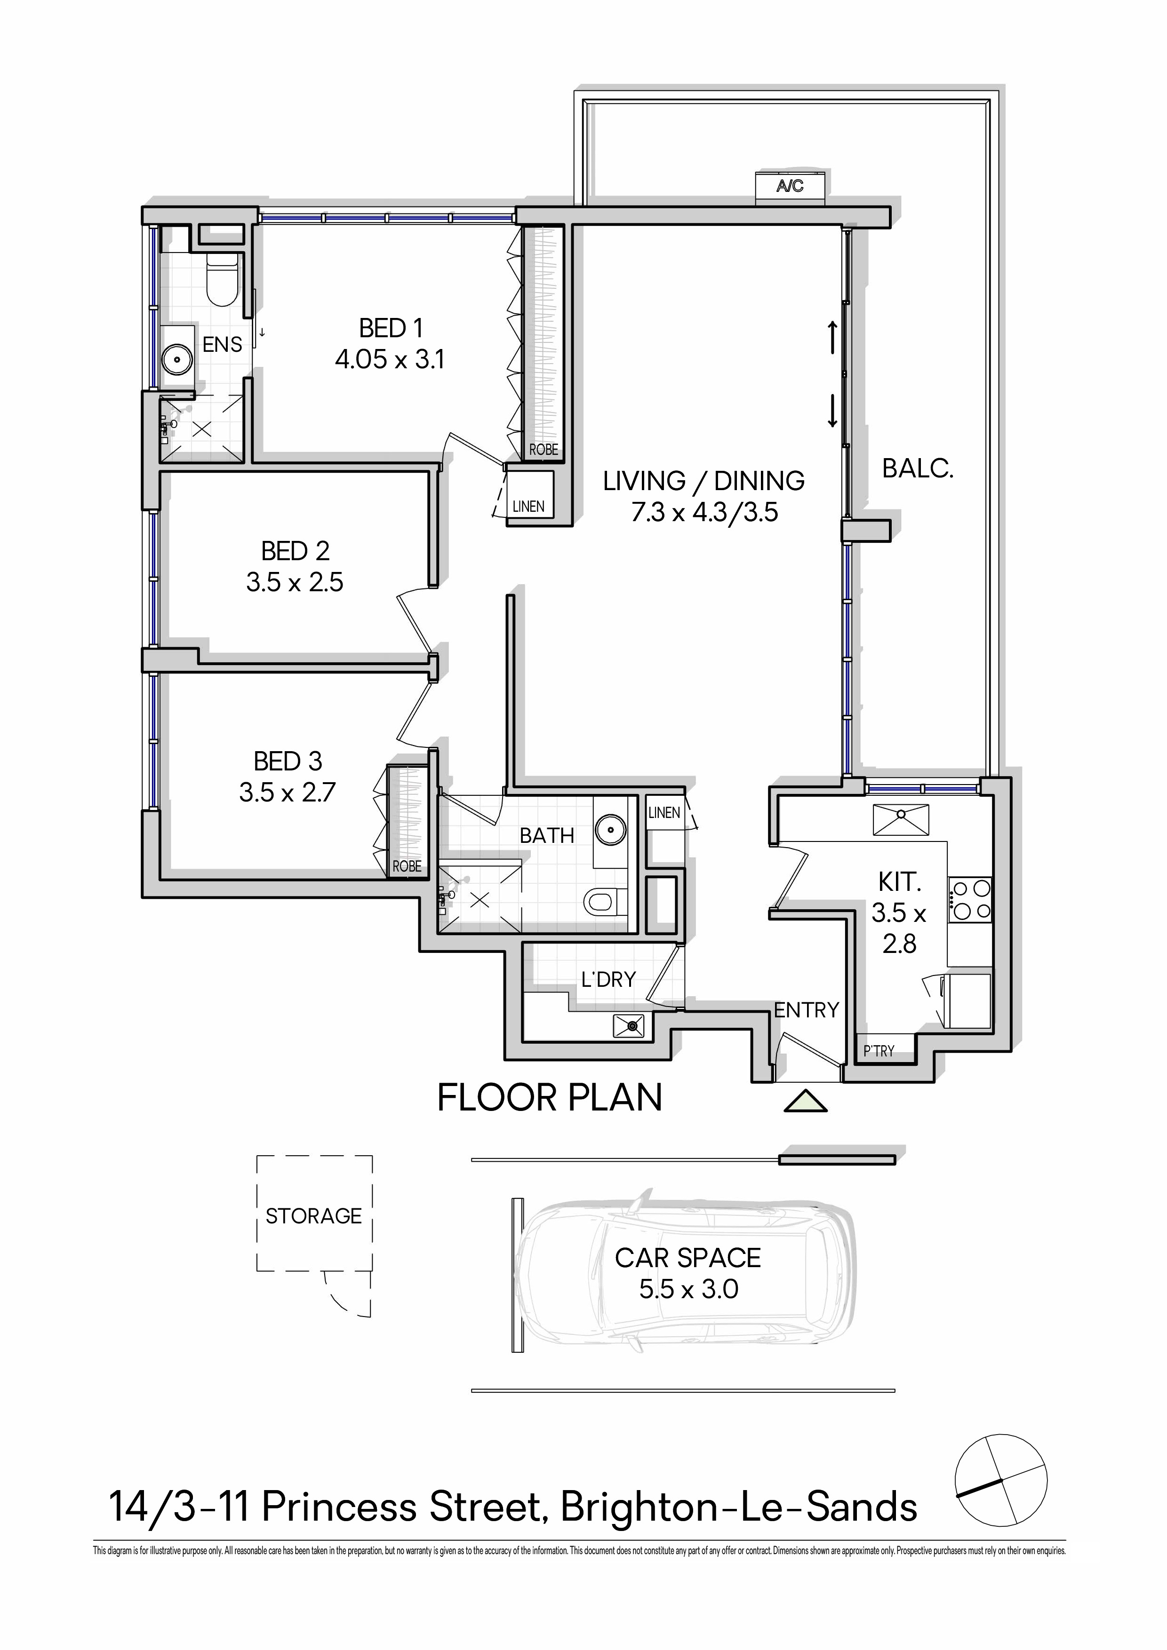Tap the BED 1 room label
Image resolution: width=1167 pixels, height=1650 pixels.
[391, 328]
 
